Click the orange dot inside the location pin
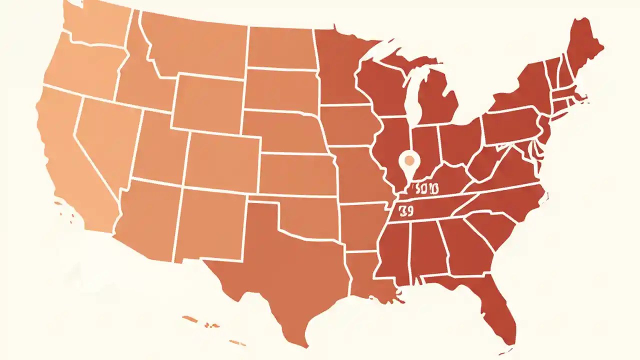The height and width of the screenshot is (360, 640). click(409, 160)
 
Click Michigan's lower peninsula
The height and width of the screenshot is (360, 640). click(435, 100)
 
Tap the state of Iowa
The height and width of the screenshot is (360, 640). click(350, 125)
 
